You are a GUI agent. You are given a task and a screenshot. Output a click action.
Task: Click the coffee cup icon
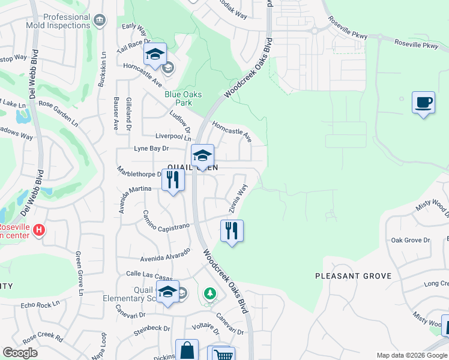423,102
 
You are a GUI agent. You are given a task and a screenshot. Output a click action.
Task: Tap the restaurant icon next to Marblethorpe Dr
173,179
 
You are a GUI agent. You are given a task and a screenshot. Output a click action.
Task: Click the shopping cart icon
221,355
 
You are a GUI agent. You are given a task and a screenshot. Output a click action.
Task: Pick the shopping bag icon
187,350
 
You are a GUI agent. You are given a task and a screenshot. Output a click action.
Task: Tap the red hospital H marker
39,230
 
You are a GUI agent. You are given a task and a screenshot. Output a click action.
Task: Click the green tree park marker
209,293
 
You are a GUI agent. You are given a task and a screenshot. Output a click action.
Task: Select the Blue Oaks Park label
183,98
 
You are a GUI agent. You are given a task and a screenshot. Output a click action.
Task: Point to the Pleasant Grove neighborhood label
354,276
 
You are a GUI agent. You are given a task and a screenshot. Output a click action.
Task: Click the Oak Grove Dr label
411,240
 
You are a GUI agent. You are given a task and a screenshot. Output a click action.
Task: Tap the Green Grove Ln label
79,274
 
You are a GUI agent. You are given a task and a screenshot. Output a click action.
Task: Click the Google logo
20,352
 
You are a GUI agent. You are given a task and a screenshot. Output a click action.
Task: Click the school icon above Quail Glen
203,155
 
